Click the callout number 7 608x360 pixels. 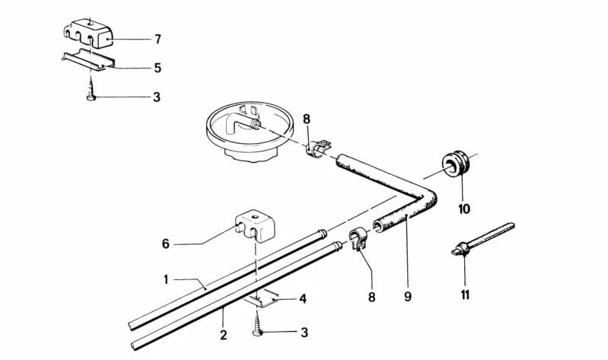[157, 38]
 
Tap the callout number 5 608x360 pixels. [157, 68]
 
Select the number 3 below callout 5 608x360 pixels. [157, 98]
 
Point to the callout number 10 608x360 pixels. [463, 209]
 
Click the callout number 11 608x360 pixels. [463, 295]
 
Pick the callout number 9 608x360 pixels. [408, 296]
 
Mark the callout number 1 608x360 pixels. [165, 279]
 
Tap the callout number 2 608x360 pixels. [224, 336]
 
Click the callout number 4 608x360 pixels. [303, 299]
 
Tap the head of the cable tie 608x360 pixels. [458, 247]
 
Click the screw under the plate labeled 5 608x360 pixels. [92, 95]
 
